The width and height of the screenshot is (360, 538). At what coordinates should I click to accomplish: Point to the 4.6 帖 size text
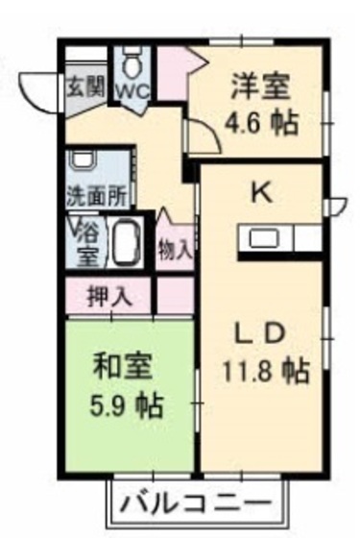pos(260,122)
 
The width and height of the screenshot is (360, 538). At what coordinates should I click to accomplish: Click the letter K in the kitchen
pos(260,192)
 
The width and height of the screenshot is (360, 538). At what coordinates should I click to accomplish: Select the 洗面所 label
pos(95,195)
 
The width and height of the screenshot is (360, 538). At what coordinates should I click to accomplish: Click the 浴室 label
pos(87,243)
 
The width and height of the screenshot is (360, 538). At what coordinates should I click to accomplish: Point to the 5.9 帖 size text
pos(127,403)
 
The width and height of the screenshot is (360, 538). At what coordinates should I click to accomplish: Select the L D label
pos(260,332)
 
